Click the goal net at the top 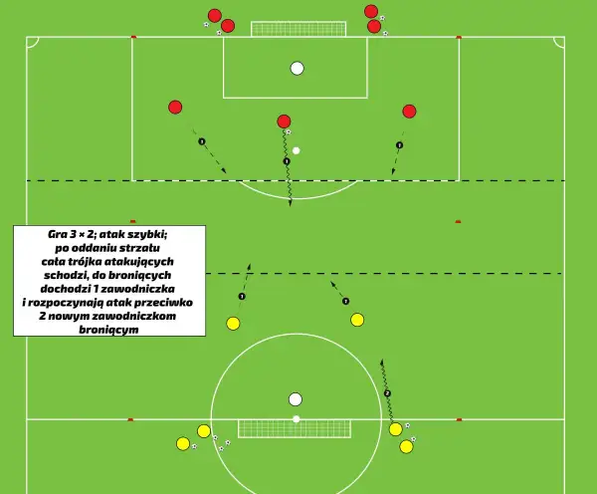[x=298, y=29]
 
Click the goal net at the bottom [x=295, y=429]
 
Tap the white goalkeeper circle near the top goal [x=297, y=69]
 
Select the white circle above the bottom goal [x=296, y=399]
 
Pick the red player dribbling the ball [x=284, y=122]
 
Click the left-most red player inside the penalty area [x=175, y=108]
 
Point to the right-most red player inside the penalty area [x=409, y=112]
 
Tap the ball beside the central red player [x=289, y=131]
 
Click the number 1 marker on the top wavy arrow [x=287, y=161]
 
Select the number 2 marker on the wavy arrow [x=387, y=393]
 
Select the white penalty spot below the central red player [x=296, y=151]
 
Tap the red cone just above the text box [x=132, y=221]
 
